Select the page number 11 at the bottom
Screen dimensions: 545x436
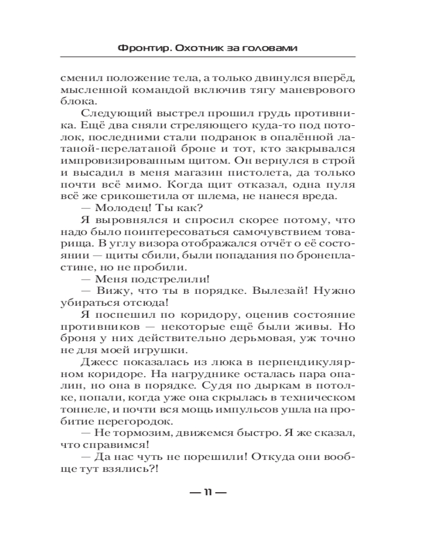[207, 493]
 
